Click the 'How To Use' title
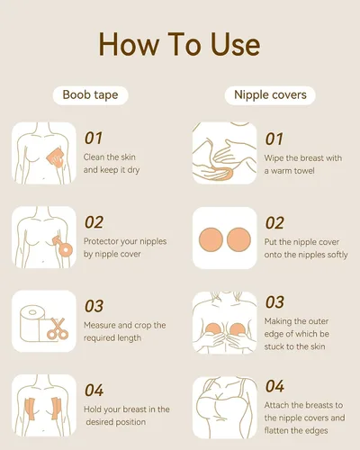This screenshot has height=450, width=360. pyautogui.click(x=179, y=44)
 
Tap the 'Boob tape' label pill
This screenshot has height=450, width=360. pyautogui.click(x=90, y=95)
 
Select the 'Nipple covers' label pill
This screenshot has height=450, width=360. pyautogui.click(x=270, y=95)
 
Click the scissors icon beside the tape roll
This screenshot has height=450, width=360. pyautogui.click(x=58, y=329)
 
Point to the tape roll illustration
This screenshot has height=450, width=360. pyautogui.click(x=32, y=324)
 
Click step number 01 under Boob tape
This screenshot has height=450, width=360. pyautogui.click(x=94, y=139)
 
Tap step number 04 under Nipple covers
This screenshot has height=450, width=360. pyautogui.click(x=274, y=386)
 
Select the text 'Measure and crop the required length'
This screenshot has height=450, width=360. pyautogui.click(x=124, y=331)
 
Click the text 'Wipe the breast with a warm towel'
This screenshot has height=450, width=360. pyautogui.click(x=303, y=165)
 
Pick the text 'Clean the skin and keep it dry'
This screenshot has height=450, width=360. pyautogui.click(x=112, y=164)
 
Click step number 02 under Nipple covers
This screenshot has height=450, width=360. pyautogui.click(x=274, y=223)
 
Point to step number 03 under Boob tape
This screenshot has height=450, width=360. pyautogui.click(x=94, y=306)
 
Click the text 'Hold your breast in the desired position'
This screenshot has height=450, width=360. pyautogui.click(x=127, y=416)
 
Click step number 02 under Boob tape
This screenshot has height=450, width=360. pyautogui.click(x=94, y=222)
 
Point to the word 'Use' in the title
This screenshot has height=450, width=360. pyautogui.click(x=236, y=44)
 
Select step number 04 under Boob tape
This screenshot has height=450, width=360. pyautogui.click(x=94, y=391)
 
